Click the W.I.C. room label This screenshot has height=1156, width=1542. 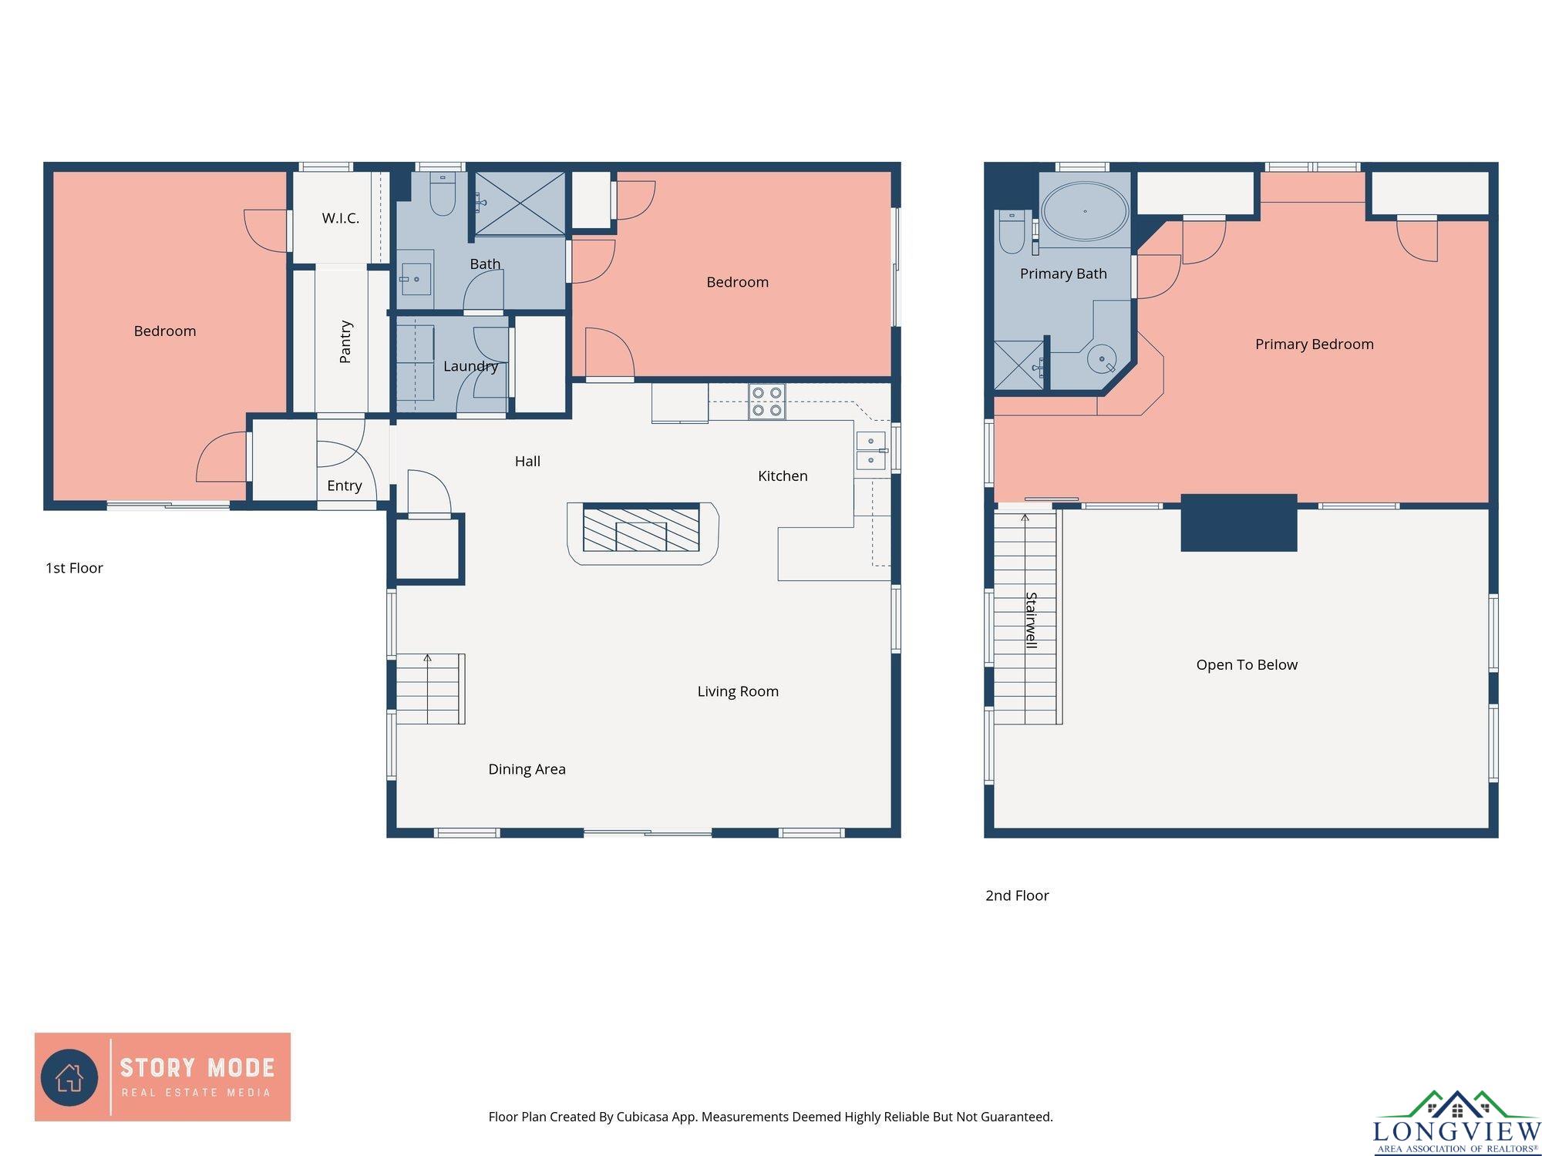340,218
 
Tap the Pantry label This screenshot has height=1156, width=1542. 345,341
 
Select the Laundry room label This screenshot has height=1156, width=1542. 470,366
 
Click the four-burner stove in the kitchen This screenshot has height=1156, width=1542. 766,402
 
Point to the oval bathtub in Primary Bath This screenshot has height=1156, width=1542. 1085,211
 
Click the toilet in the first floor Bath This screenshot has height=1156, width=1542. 443,193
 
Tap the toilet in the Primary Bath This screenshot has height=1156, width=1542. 1012,231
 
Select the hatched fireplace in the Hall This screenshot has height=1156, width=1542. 641,529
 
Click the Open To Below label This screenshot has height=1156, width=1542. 1247,665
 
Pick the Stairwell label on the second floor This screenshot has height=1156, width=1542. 1032,620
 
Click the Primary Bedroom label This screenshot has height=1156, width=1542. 1315,344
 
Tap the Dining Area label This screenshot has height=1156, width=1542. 527,769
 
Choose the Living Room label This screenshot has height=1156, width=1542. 738,691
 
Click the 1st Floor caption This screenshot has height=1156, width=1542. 74,568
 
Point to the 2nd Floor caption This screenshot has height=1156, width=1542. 1017,896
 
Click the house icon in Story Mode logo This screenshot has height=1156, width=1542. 69,1077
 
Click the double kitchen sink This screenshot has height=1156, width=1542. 871,451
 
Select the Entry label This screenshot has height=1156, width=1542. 344,486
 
